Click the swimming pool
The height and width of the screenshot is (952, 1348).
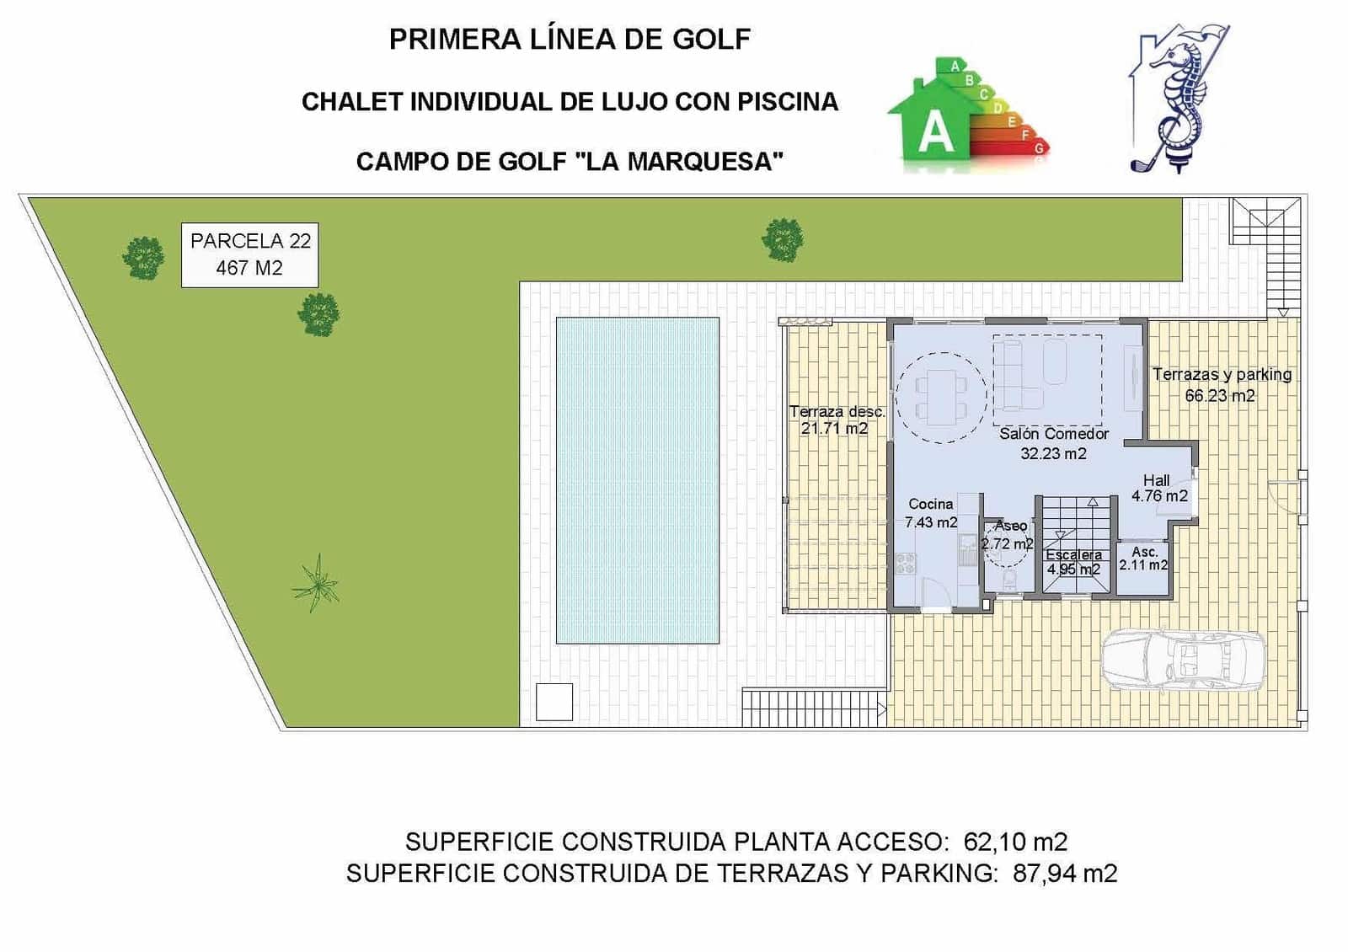click(x=637, y=480)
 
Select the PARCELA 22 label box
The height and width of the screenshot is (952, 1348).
click(x=250, y=254)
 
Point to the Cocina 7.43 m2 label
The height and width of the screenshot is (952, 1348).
click(x=931, y=513)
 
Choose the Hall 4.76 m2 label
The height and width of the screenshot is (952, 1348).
click(x=1158, y=489)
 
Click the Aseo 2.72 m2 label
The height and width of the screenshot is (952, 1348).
click(x=1008, y=535)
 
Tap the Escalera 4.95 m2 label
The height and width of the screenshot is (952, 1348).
click(x=1073, y=562)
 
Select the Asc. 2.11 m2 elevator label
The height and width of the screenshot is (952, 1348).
click(x=1143, y=559)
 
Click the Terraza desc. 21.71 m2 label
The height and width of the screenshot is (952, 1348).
click(x=836, y=420)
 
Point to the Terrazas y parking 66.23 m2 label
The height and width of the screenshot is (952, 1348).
click(x=1222, y=384)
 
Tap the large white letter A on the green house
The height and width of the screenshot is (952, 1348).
click(x=935, y=132)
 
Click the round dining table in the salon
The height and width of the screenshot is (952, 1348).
click(x=940, y=397)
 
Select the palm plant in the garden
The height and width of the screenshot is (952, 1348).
click(x=316, y=582)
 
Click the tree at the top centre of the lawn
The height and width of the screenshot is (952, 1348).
click(x=783, y=239)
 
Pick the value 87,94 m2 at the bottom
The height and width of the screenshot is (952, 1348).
click(x=1065, y=874)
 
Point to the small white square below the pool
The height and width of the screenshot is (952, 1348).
click(x=554, y=702)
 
